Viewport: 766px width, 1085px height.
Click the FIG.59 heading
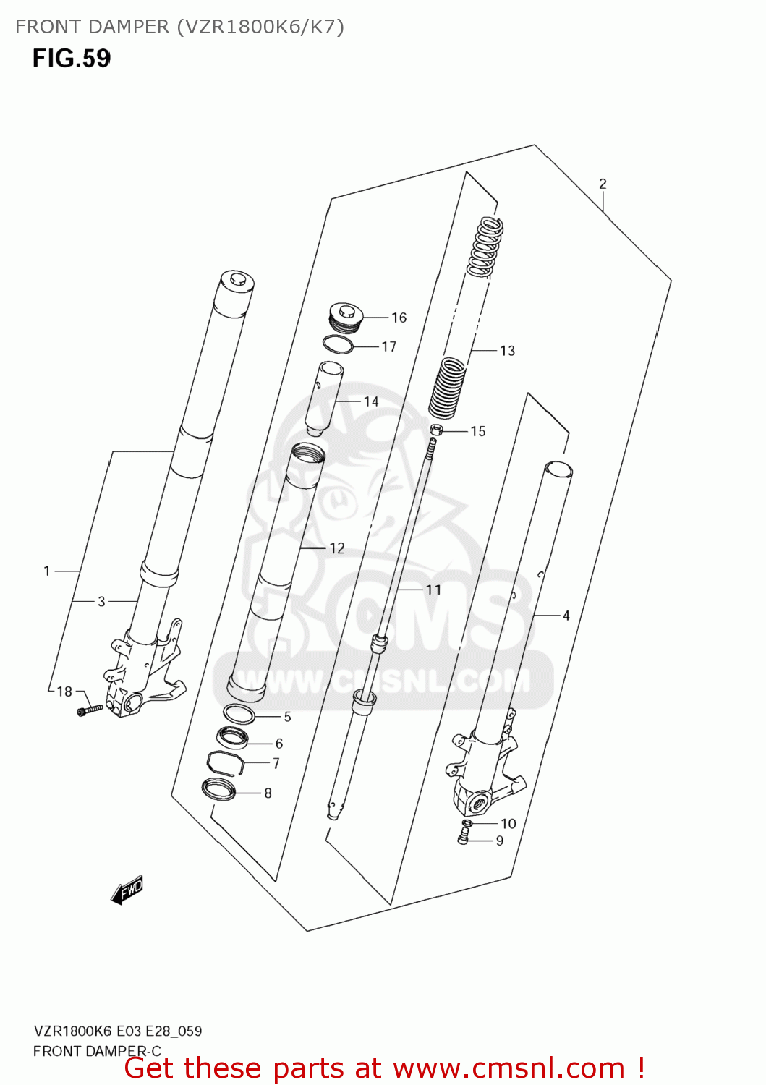(x=71, y=58)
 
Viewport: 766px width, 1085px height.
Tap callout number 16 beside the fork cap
(x=399, y=318)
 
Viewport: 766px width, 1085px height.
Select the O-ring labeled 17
(x=338, y=345)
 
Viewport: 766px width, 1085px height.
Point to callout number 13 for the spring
(x=507, y=351)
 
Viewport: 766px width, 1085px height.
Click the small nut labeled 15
(x=435, y=430)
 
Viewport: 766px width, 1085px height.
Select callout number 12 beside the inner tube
(x=337, y=548)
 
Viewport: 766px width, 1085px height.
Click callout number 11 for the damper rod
(x=433, y=590)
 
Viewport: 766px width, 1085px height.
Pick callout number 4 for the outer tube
(x=566, y=616)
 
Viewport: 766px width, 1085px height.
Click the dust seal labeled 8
(x=218, y=789)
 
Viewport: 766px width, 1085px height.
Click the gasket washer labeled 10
(x=467, y=823)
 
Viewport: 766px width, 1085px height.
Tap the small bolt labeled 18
(x=90, y=710)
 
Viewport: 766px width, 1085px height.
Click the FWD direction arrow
(x=127, y=890)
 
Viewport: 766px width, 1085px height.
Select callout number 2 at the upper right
(x=603, y=184)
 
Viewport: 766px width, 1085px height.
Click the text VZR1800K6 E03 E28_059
(x=118, y=1031)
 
